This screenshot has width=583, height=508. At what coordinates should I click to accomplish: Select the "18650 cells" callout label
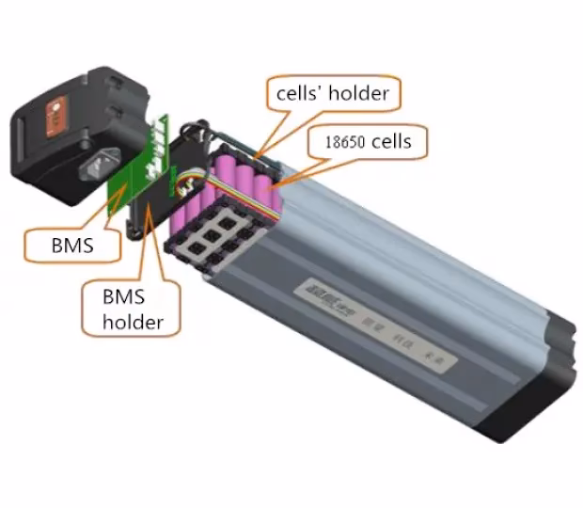click(x=368, y=142)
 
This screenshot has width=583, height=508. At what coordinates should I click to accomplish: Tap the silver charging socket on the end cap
click(x=99, y=169)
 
